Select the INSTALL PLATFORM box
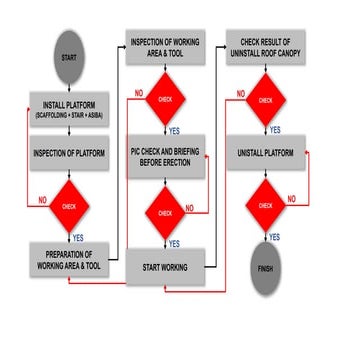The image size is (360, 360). [x=67, y=108]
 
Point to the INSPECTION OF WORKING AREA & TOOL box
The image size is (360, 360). [x=166, y=50]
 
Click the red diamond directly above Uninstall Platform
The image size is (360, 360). [x=265, y=100]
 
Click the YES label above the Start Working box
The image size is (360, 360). [x=173, y=244]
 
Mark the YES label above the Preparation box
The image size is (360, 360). [x=78, y=236]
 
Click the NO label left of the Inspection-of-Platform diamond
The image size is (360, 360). [x=41, y=200]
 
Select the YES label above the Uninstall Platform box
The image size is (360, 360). [x=272, y=131]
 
